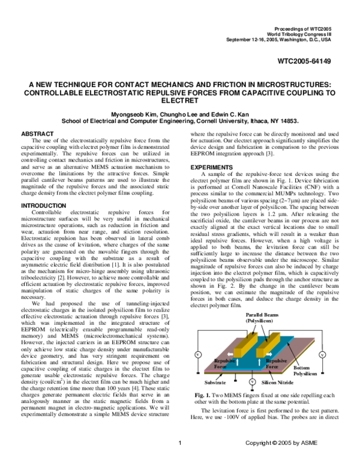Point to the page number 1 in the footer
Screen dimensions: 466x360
click(x=180, y=460)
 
